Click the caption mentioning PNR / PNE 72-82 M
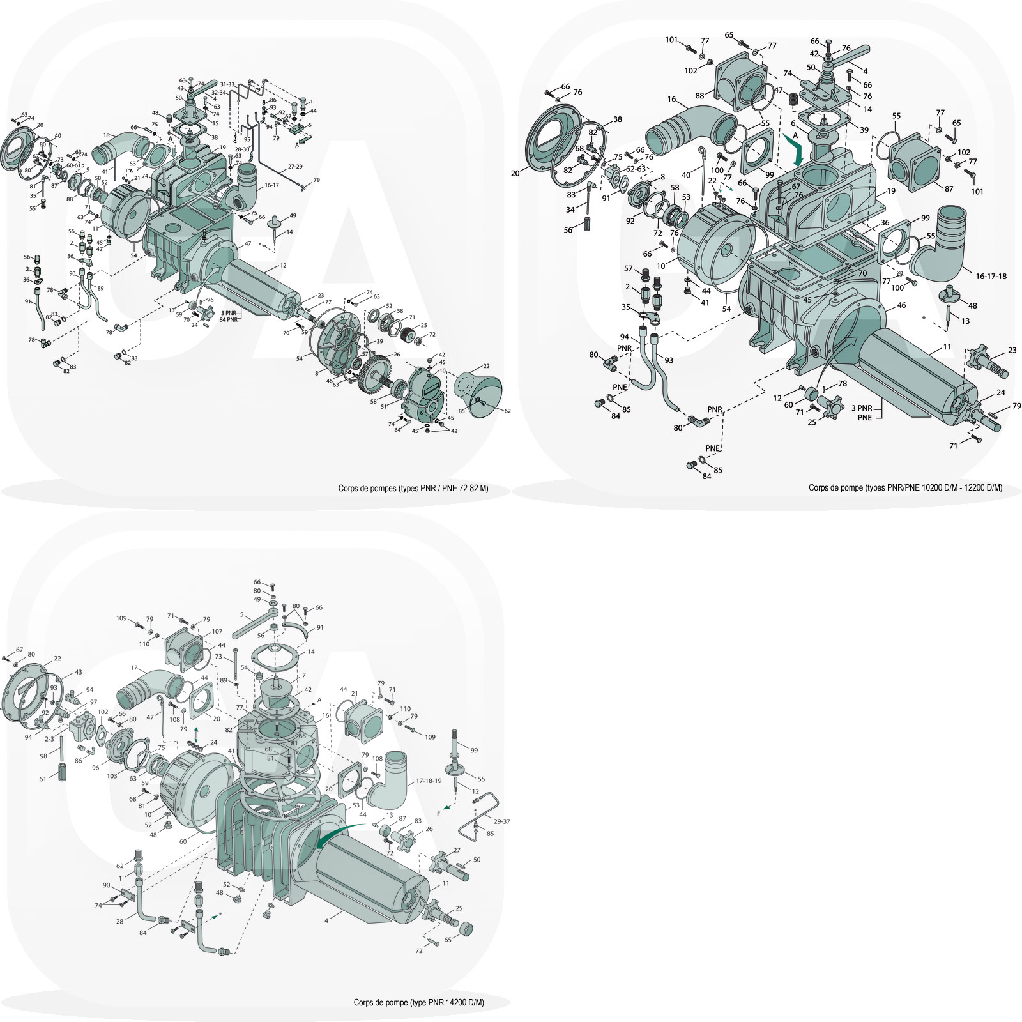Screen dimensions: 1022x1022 point(413,488)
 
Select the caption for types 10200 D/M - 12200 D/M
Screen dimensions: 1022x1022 point(905,487)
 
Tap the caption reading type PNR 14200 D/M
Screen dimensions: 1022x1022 point(418,1002)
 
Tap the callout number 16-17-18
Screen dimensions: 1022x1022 point(991,277)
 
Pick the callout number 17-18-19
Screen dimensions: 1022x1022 point(429,781)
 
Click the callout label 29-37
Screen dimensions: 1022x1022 point(502,821)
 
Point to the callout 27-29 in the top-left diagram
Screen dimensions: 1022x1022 point(295,166)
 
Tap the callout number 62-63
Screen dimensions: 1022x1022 point(636,170)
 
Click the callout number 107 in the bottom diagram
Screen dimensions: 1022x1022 point(217,632)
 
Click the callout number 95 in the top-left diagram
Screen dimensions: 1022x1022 point(247,139)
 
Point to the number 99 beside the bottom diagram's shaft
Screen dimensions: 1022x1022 point(474,750)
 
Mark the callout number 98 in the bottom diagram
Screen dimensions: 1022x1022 point(43,756)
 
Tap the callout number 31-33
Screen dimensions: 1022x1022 point(227,84)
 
